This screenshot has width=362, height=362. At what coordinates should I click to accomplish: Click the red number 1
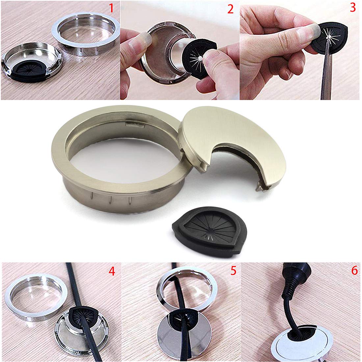pos(111,8)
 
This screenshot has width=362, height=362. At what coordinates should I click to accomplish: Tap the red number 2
pos(230,9)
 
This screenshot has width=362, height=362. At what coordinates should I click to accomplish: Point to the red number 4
pos(112,271)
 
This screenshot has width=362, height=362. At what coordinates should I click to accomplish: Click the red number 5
pos(233,271)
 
